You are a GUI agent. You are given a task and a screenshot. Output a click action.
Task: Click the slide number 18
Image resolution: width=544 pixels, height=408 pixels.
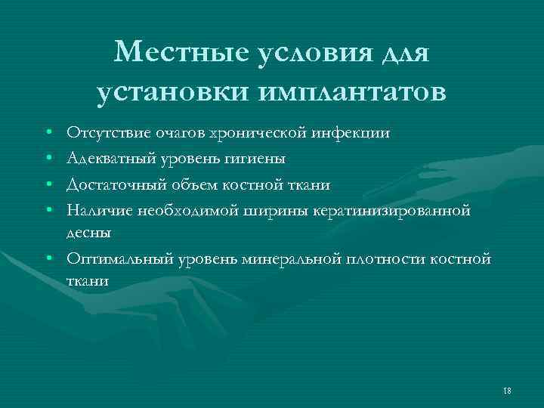(x=506, y=389)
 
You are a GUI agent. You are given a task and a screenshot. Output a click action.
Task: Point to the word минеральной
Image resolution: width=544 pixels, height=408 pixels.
(x=292, y=259)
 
